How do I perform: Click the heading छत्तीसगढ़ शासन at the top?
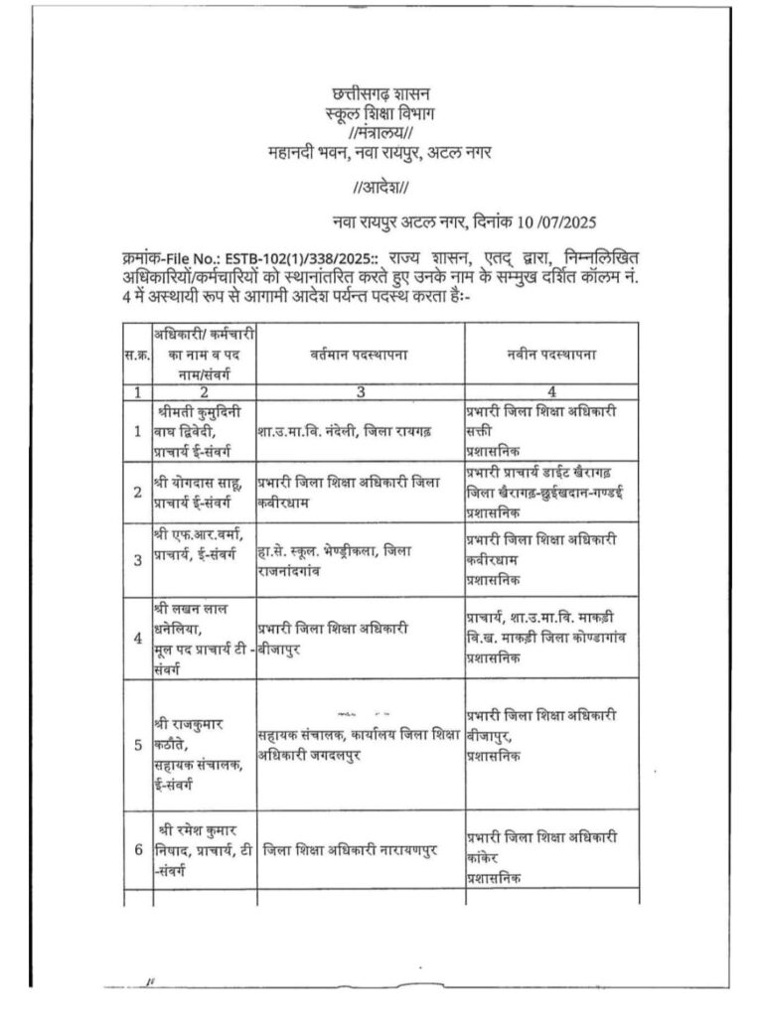(380, 95)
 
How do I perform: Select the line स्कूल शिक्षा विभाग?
(380, 115)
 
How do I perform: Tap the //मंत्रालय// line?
(380, 134)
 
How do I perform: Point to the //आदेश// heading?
(380, 188)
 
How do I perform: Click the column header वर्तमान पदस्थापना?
(360, 354)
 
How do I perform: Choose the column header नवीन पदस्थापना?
(550, 354)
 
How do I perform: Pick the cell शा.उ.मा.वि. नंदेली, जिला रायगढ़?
(343, 432)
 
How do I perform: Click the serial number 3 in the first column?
(136, 559)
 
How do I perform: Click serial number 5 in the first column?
(136, 743)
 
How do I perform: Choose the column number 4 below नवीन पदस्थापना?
(550, 391)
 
